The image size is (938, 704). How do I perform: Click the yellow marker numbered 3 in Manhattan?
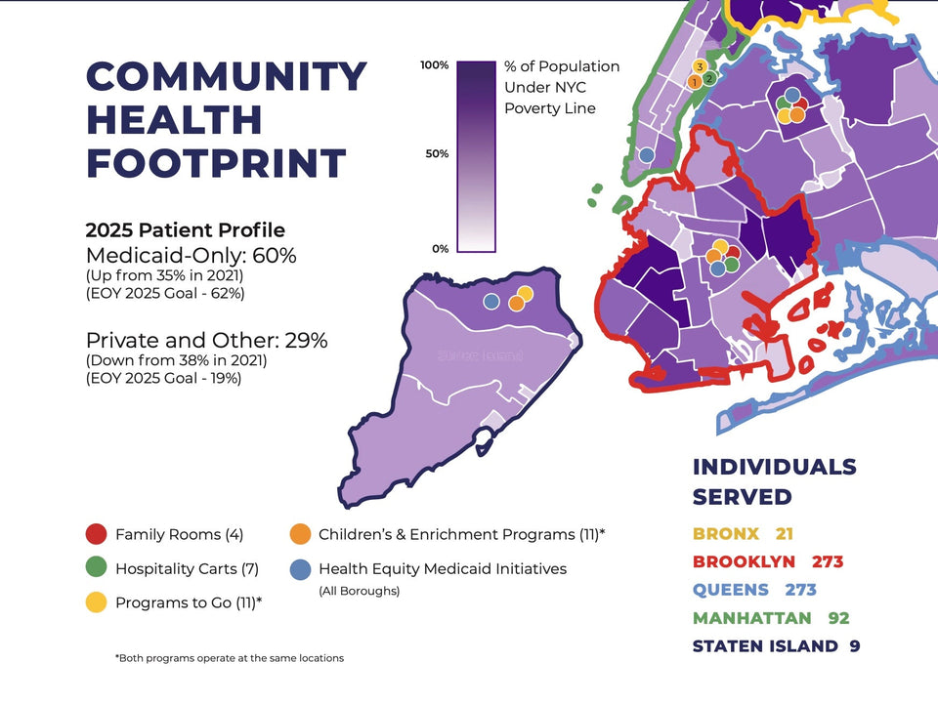(700, 66)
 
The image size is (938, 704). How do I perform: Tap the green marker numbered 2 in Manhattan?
(709, 77)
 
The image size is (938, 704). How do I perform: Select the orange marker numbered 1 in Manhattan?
(694, 82)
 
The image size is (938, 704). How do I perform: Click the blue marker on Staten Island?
(491, 301)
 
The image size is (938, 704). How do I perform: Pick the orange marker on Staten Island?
(516, 304)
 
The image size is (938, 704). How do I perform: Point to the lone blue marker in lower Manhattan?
(646, 154)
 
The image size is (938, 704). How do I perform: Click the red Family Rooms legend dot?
(96, 534)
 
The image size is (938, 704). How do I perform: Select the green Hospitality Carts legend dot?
(96, 568)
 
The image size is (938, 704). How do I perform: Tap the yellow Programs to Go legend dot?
(96, 602)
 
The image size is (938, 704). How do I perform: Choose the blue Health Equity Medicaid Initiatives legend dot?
(300, 568)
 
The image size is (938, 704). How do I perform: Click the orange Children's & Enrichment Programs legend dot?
(300, 534)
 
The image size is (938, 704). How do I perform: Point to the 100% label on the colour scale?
(434, 65)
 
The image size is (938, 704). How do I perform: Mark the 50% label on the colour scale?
(436, 154)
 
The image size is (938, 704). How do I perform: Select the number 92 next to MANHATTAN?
(838, 618)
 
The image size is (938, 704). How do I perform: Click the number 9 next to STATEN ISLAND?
(855, 646)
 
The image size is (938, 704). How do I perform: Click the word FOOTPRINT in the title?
(216, 162)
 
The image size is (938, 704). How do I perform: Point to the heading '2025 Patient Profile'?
(186, 230)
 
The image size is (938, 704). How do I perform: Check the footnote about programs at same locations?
(229, 658)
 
